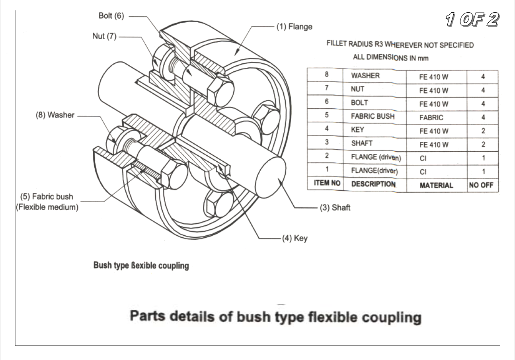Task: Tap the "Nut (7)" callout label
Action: tap(101, 37)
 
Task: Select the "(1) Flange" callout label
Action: tap(295, 27)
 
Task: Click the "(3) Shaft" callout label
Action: tap(335, 208)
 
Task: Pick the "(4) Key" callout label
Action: tap(295, 239)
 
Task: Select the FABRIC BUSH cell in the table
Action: tap(373, 117)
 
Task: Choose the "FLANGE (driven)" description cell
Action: tap(376, 158)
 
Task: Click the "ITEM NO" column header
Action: tap(325, 184)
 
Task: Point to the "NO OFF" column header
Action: tap(482, 185)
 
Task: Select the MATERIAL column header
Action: tap(436, 185)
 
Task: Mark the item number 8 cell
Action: tap(326, 75)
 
